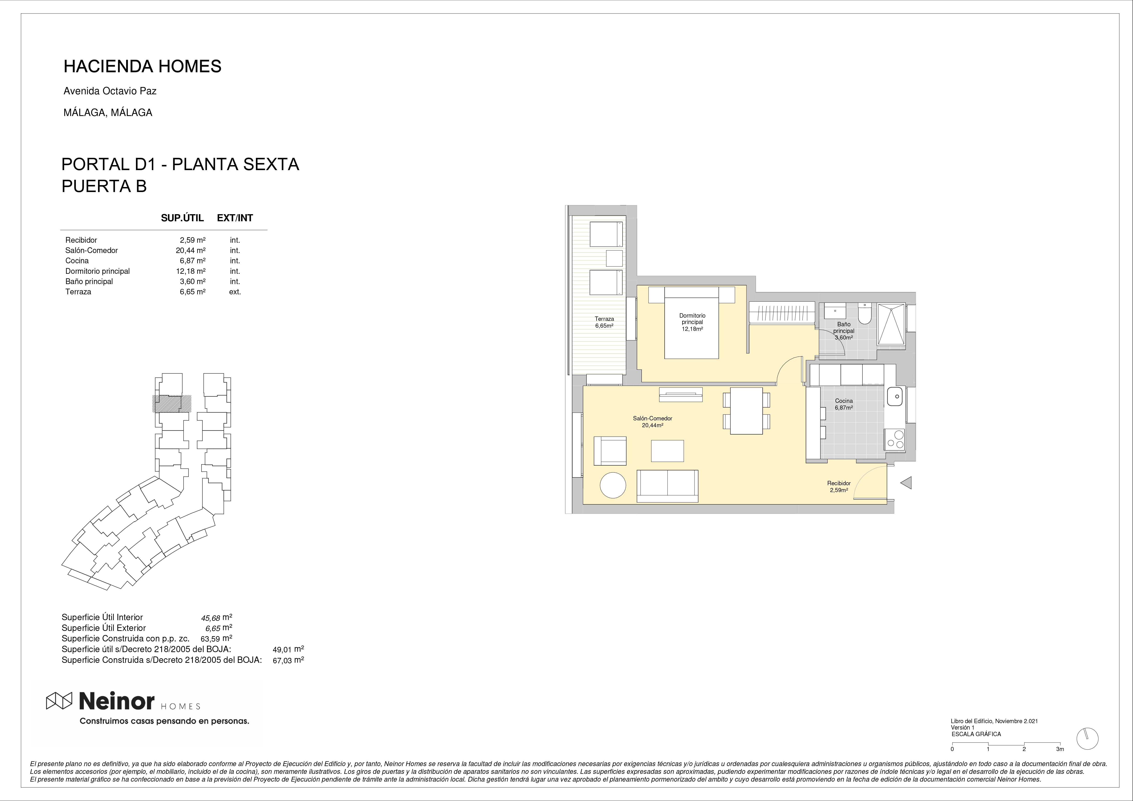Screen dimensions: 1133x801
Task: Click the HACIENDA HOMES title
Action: click(143, 66)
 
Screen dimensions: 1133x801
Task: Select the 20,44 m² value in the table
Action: click(191, 250)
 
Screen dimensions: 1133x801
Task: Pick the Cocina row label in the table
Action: click(77, 261)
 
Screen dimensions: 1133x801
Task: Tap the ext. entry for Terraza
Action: click(235, 292)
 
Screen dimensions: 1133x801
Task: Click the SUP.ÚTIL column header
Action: click(182, 218)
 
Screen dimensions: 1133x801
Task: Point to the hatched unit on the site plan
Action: click(171, 403)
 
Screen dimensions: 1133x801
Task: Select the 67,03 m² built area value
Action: click(288, 660)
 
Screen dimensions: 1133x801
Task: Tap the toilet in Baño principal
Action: click(865, 312)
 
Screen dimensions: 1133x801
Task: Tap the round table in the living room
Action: click(613, 485)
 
